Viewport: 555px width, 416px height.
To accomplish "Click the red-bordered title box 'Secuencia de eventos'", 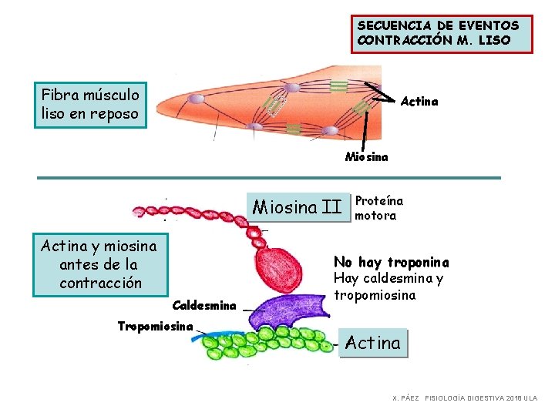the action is click(441, 32).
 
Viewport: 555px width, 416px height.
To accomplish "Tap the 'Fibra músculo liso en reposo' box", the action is click(90, 105).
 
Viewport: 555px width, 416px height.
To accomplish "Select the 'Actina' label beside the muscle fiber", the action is click(419, 102).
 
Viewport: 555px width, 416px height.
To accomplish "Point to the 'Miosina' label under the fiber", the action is click(367, 157).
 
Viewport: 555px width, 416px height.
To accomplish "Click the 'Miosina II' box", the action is click(297, 207).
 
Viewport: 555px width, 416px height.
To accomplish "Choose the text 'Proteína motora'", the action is click(378, 208).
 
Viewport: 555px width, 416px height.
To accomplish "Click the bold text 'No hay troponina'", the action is click(391, 263).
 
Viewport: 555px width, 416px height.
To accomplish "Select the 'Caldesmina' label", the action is click(203, 306).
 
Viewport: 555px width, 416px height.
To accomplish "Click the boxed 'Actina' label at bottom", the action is click(372, 343).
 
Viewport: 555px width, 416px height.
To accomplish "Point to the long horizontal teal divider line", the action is click(269, 178).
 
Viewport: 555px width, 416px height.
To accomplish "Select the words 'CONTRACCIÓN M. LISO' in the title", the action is click(433, 40).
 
